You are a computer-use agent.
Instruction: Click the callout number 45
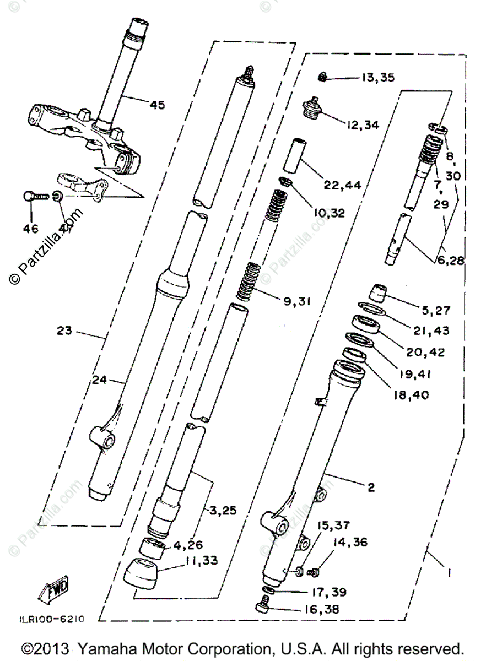[x=156, y=105]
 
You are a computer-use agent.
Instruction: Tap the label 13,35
[x=378, y=78]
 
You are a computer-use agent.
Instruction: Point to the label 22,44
[x=342, y=186]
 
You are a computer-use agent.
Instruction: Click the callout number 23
[x=64, y=331]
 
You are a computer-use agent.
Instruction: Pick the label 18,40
[x=411, y=395]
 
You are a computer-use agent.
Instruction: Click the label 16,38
[x=321, y=609]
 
